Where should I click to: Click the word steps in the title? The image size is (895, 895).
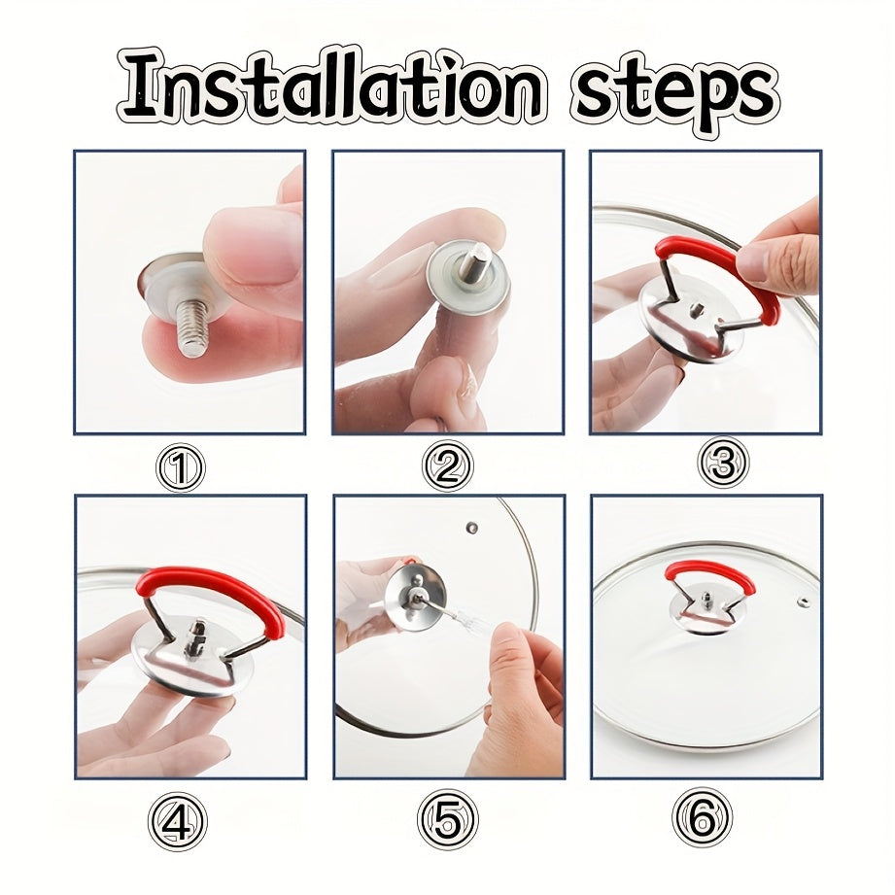pyautogui.click(x=673, y=89)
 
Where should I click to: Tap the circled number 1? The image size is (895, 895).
pyautogui.click(x=181, y=470)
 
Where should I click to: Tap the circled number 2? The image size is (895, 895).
pyautogui.click(x=447, y=468)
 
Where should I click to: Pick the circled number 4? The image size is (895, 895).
pyautogui.click(x=177, y=822)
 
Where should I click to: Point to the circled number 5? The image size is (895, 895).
pyautogui.click(x=448, y=819)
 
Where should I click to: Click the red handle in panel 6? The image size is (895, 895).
pyautogui.click(x=709, y=573)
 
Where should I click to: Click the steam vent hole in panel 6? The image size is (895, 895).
pyautogui.click(x=804, y=602)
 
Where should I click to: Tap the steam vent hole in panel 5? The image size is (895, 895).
pyautogui.click(x=472, y=528)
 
